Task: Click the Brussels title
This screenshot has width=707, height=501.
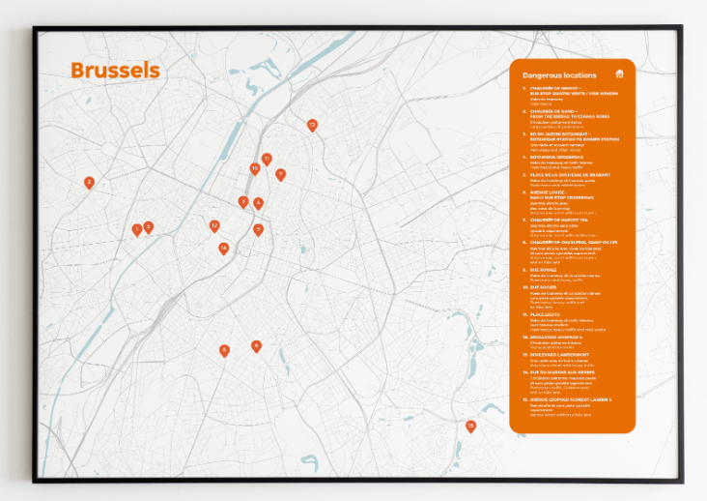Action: pyautogui.click(x=115, y=71)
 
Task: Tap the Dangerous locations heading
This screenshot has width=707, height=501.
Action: pyautogui.click(x=555, y=74)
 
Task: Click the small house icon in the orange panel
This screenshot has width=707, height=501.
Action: pyautogui.click(x=619, y=74)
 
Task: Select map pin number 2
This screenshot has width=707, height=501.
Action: pyautogui.click(x=89, y=182)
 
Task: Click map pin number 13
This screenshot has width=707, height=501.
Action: pyautogui.click(x=312, y=125)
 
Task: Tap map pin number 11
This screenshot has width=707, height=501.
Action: pyautogui.click(x=267, y=158)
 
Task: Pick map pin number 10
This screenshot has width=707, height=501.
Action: pyautogui.click(x=255, y=168)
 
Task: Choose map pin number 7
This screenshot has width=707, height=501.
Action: pyautogui.click(x=280, y=175)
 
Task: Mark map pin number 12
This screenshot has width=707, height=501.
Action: pyautogui.click(x=214, y=225)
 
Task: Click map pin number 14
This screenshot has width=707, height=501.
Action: pyautogui.click(x=223, y=249)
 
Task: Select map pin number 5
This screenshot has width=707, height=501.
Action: pyautogui.click(x=148, y=227)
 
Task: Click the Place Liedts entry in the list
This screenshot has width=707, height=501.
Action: pyautogui.click(x=546, y=314)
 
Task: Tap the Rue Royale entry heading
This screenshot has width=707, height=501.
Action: pyautogui.click(x=542, y=269)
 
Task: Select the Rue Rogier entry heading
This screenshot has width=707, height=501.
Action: pyautogui.click(x=542, y=287)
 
